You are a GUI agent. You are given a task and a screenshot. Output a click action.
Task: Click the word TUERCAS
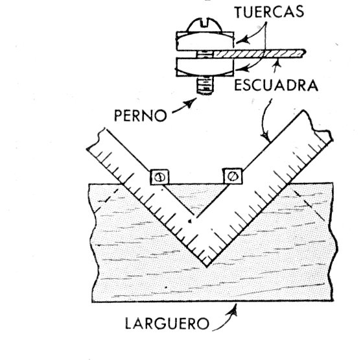point(269,12)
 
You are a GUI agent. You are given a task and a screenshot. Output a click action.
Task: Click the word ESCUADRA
point(276,85)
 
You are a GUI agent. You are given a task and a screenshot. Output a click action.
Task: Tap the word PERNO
point(140,115)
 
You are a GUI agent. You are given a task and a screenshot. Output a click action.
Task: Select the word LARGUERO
point(167,324)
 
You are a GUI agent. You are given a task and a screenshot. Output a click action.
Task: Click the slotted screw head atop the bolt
point(204,25)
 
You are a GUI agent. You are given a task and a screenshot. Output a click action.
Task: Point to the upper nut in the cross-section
point(205,41)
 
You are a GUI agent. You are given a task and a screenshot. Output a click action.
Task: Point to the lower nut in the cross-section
point(204,67)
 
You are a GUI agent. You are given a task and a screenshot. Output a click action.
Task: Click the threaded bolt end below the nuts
point(205,86)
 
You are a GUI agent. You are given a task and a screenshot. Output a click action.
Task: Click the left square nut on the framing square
point(159,177)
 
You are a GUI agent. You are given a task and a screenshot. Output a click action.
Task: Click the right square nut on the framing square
point(233,176)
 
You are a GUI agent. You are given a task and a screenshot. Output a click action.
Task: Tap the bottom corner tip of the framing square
point(207,267)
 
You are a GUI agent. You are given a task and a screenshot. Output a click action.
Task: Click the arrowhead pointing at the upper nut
point(242,40)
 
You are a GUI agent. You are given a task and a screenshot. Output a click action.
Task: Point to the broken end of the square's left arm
point(95,139)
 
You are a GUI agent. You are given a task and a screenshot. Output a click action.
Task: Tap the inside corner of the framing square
point(196,216)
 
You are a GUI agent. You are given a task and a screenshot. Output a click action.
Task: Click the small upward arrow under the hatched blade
point(276,64)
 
